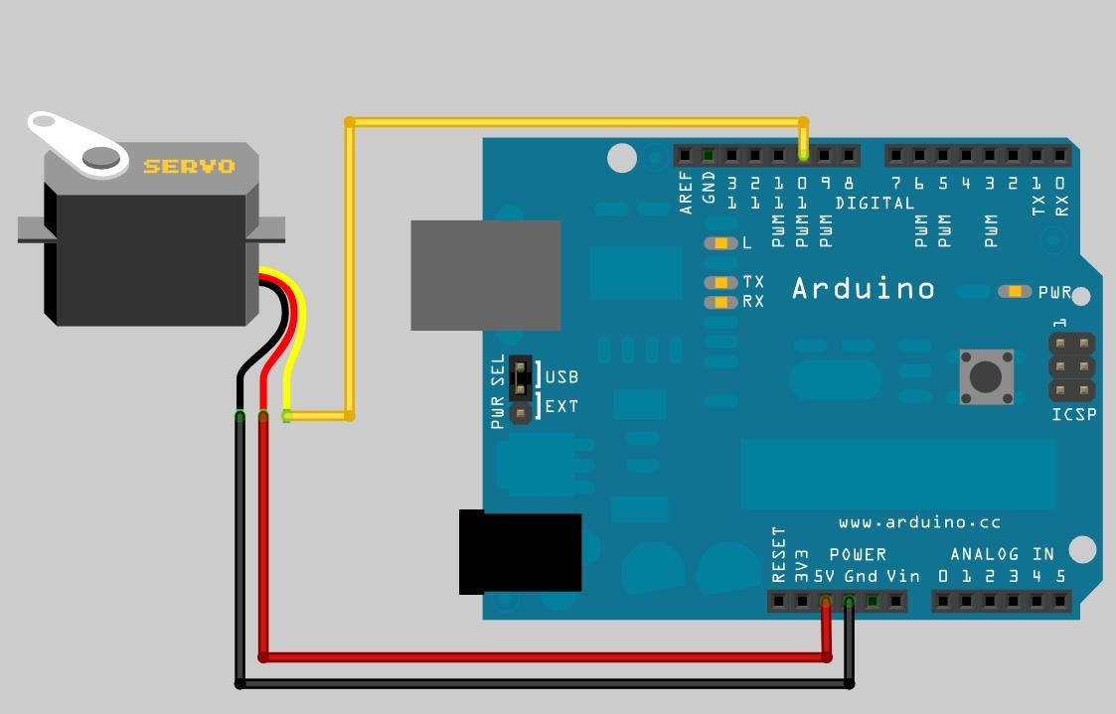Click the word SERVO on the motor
pyautogui.click(x=189, y=166)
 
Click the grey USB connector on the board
pyautogui.click(x=486, y=275)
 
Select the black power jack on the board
pyautogui.click(x=520, y=553)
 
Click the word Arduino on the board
pyautogui.click(x=864, y=289)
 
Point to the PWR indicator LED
pyautogui.click(x=1015, y=292)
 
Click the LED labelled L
pyautogui.click(x=719, y=243)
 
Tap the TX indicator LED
pyautogui.click(x=719, y=283)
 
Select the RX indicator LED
pyautogui.click(x=719, y=302)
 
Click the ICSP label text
pyautogui.click(x=1073, y=414)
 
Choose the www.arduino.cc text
pyautogui.click(x=919, y=522)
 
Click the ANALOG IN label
pyautogui.click(x=1002, y=554)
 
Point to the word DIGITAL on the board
pyautogui.click(x=875, y=204)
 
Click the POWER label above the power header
pyautogui.click(x=858, y=554)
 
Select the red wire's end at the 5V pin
pyautogui.click(x=826, y=602)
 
